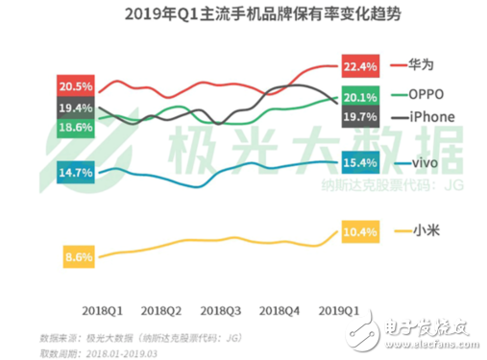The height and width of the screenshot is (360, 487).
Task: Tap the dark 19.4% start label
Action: pos(76,108)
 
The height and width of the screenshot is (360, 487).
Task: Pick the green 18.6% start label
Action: pos(76,128)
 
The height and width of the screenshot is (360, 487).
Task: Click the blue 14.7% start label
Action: pos(76,173)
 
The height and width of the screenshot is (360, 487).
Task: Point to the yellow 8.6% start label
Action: pos(76,257)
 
